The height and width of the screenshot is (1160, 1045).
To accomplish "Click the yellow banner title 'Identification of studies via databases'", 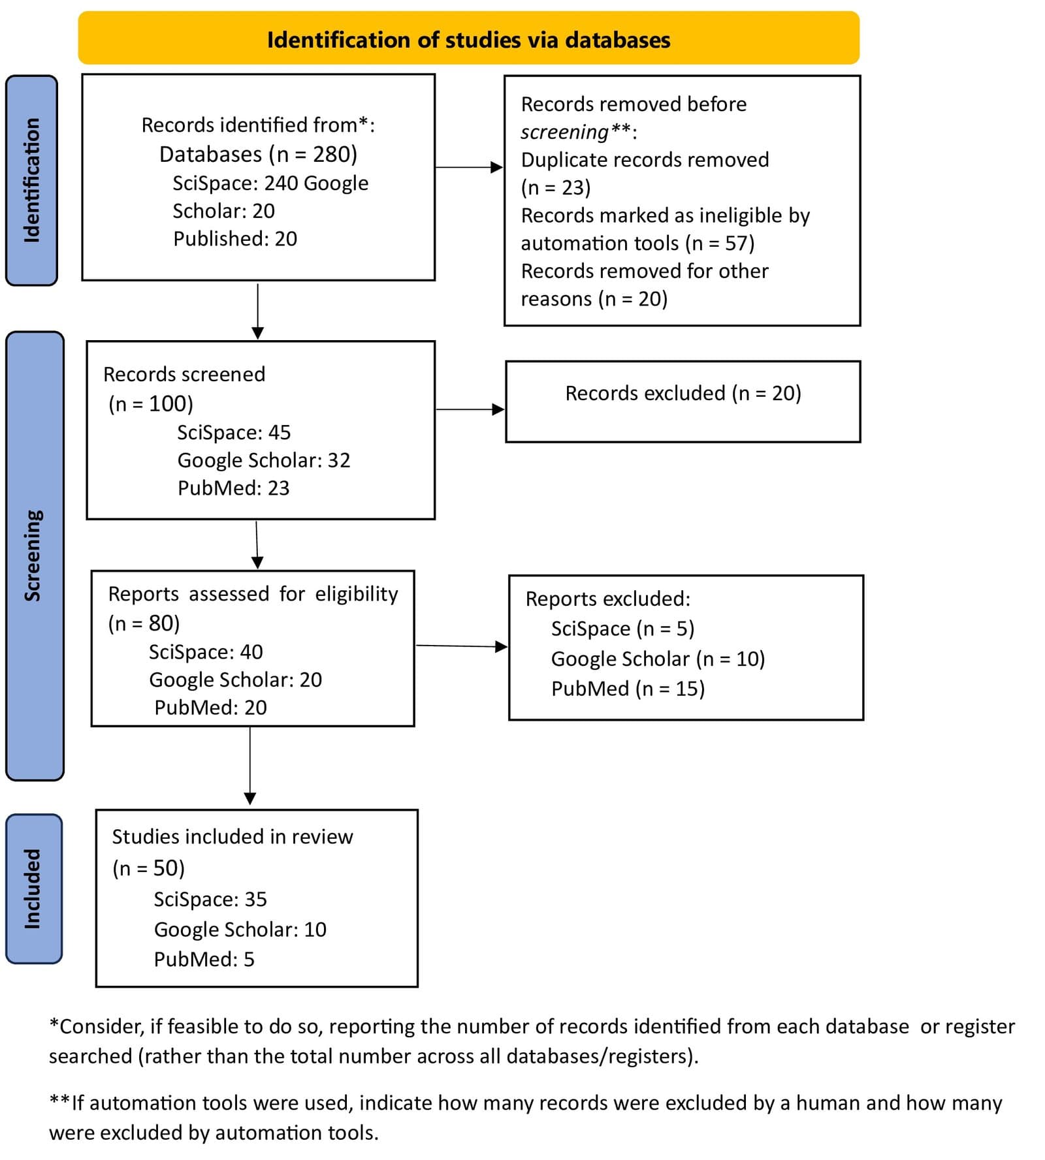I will coord(468,40).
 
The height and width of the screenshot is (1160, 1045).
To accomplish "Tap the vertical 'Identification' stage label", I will coord(31,180).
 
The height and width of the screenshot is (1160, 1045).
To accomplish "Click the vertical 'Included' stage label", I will coord(33,888).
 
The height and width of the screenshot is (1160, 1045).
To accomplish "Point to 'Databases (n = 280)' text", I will coord(258,154).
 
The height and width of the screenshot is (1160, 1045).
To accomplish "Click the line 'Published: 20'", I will coord(234,239).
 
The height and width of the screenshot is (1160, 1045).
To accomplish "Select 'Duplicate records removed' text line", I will coord(645,160).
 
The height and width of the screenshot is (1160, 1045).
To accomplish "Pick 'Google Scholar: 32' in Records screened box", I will coord(264,460).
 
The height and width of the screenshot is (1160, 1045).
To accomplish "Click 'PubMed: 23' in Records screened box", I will coord(233,488).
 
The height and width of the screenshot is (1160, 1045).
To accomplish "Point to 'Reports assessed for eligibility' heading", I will coord(253,594).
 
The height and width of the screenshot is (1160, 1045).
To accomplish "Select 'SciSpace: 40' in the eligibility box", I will coord(206,652).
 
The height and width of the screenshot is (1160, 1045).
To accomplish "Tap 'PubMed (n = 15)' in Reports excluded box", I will coord(628,689).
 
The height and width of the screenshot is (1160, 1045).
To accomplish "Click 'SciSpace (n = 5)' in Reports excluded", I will coord(622,629).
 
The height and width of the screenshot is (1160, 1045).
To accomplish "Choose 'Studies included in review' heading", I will coord(232,837).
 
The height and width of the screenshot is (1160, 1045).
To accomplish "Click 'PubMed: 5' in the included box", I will coord(204,960).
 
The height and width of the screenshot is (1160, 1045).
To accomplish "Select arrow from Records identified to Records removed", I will coord(468,168).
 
